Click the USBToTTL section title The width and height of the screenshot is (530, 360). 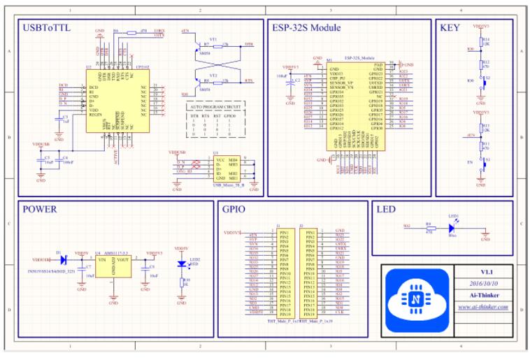click(x=48, y=28)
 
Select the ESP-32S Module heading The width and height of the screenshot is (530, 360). click(x=306, y=28)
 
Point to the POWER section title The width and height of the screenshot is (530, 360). click(x=39, y=209)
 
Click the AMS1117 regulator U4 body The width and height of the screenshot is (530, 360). click(x=113, y=266)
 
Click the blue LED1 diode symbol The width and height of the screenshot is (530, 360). click(x=452, y=226)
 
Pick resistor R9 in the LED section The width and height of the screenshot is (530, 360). click(x=428, y=226)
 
